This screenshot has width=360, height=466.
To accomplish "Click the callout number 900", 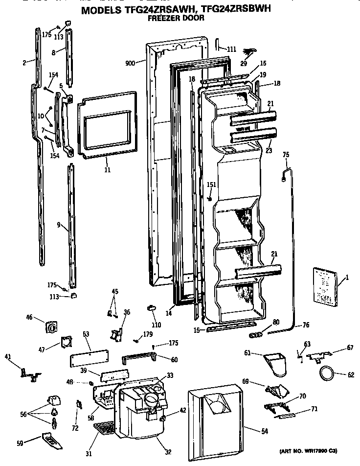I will (x=130, y=63).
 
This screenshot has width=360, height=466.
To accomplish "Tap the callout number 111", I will (x=231, y=49).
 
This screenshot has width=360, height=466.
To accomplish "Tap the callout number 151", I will (x=211, y=185).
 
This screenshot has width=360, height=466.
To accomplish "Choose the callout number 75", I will (x=286, y=155).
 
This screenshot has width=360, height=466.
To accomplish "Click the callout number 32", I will (x=168, y=451).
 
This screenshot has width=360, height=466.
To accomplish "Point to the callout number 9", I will (x=59, y=225).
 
